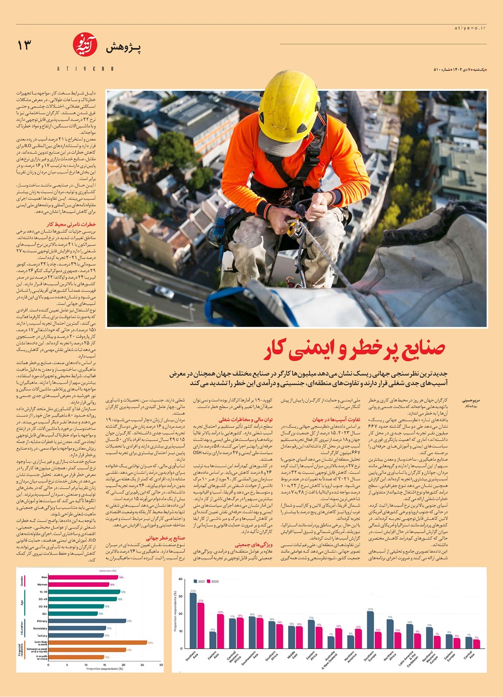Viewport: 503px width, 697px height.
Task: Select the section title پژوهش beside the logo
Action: tap(123, 48)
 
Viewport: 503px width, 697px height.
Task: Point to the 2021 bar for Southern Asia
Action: tap(193, 621)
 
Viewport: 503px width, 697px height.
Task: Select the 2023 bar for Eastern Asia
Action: tap(220, 631)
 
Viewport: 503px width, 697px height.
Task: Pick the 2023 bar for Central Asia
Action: tap(476, 644)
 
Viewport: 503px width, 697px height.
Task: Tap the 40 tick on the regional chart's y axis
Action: tap(181, 579)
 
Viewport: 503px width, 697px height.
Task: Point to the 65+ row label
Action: tap(44, 614)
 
